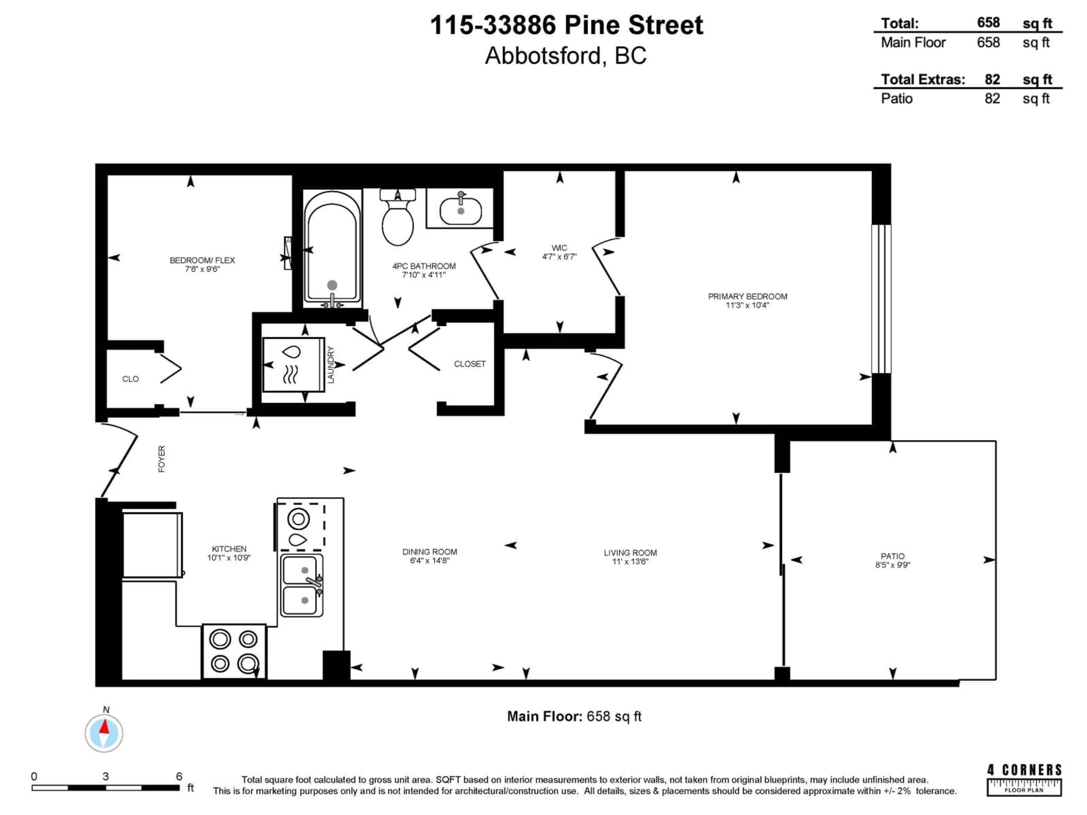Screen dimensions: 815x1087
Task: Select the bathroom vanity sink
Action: (x=460, y=209)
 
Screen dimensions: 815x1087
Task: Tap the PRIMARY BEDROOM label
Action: (x=747, y=296)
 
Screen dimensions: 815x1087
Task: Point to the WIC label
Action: (x=559, y=248)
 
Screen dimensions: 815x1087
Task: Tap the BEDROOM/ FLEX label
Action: (x=202, y=260)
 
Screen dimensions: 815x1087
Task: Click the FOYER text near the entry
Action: (x=162, y=459)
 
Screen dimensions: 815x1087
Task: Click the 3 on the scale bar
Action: (x=106, y=776)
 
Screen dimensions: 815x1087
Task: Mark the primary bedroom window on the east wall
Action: (x=881, y=299)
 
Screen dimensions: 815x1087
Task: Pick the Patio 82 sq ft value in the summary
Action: (x=992, y=98)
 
